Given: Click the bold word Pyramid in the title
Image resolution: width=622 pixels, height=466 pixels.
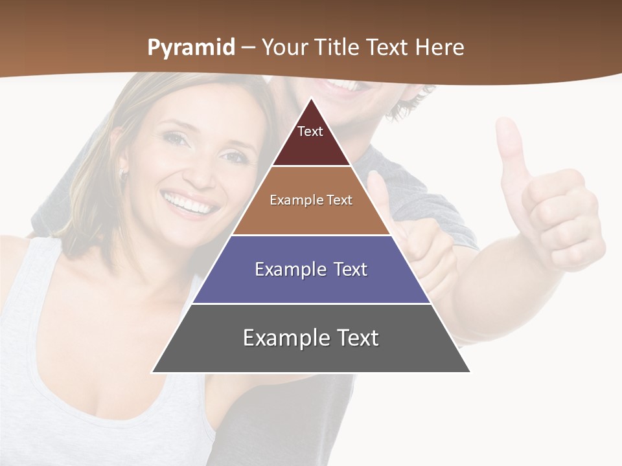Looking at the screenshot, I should pyautogui.click(x=191, y=48).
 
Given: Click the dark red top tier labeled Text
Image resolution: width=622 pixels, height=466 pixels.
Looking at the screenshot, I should pyautogui.click(x=310, y=139).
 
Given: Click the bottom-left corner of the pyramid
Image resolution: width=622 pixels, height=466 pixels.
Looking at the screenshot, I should pyautogui.click(x=153, y=372).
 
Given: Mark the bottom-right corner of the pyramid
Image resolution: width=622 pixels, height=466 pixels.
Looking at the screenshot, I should pyautogui.click(x=470, y=372).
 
